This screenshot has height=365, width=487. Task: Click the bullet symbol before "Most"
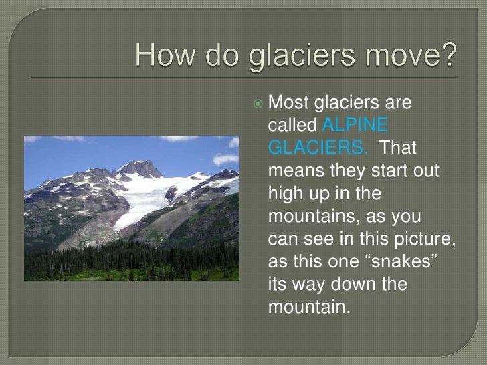(x=259, y=103)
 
